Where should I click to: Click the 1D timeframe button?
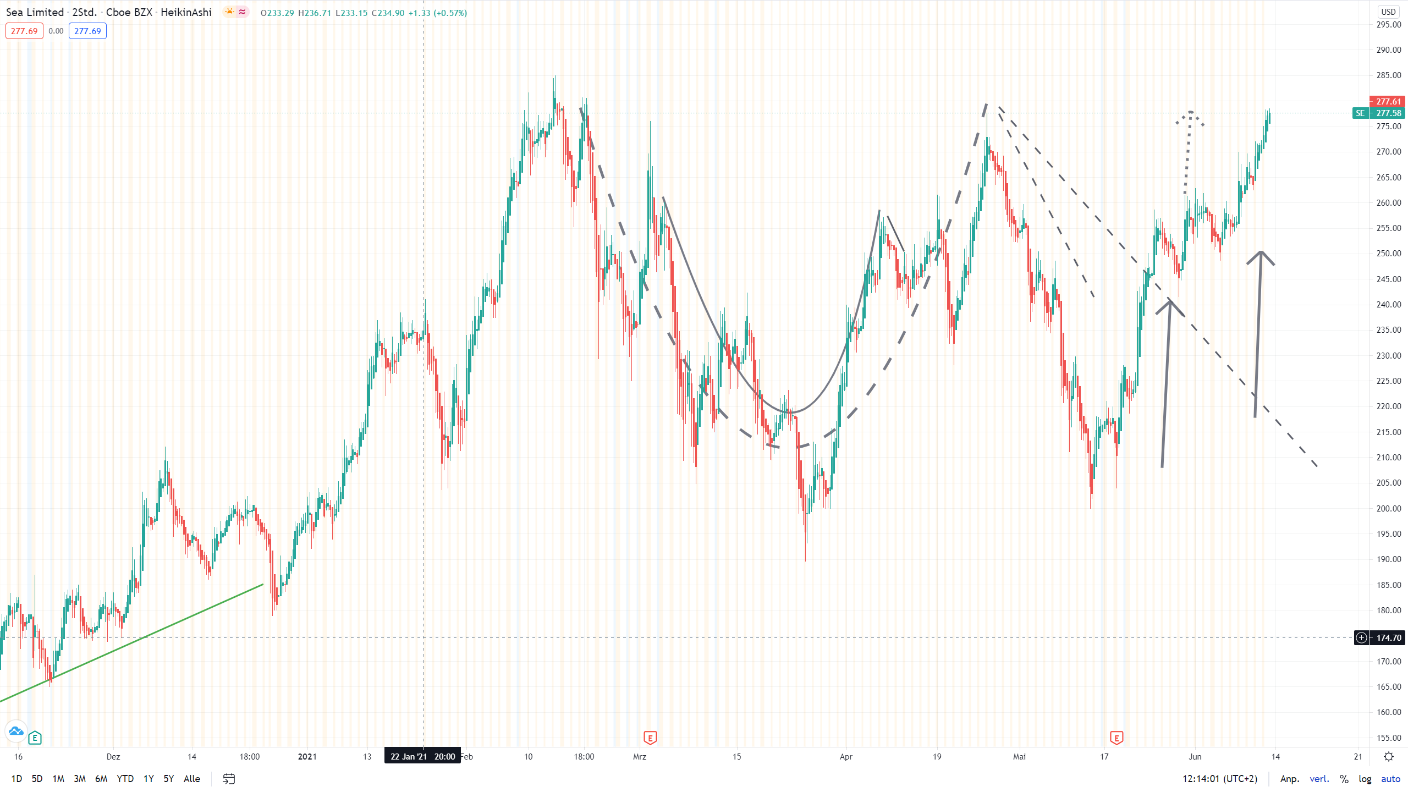16,779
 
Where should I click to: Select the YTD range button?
125,779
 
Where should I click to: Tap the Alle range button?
191,779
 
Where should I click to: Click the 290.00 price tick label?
1388,50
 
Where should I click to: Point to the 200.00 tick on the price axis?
1388,508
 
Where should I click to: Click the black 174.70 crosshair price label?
1388,638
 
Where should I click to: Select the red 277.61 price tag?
1388,102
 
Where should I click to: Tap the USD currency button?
1388,12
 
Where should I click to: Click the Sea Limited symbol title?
35,12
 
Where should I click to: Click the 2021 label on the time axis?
307,757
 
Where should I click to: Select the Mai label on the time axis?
1019,757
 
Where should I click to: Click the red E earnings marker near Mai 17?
1116,738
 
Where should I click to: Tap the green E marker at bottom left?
35,738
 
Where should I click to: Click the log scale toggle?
1365,779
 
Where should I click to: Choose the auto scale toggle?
1390,779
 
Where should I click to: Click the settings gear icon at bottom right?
1388,757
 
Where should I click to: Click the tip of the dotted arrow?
1190,112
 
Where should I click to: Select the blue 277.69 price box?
87,31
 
